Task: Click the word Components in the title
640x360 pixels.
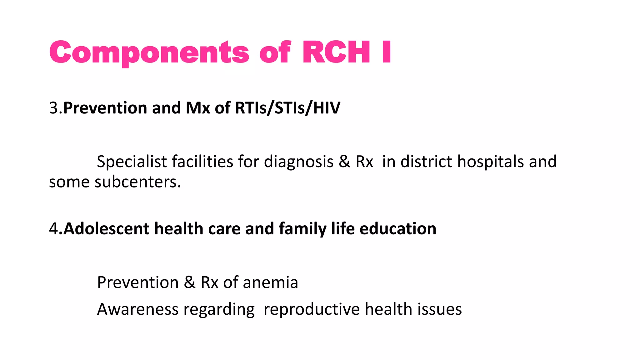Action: [149, 52]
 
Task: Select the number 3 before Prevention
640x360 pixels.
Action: [53, 108]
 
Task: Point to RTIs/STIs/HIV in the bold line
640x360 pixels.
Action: [287, 108]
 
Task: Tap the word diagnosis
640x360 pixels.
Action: [298, 162]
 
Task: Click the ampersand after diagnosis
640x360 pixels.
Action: [344, 162]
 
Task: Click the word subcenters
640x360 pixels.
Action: [137, 182]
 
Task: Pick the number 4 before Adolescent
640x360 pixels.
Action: [53, 229]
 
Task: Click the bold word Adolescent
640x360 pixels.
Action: [106, 229]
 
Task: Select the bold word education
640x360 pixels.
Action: [397, 229]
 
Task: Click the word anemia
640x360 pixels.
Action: [270, 282]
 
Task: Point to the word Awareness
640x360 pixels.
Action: [137, 309]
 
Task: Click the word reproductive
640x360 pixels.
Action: [312, 309]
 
